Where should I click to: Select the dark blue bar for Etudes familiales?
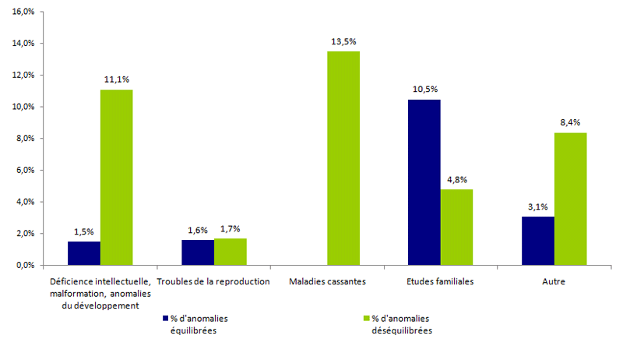424,182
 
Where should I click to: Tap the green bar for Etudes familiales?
456,227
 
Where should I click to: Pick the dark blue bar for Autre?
538,241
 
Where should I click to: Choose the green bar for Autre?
571,199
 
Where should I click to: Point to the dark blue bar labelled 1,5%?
83,253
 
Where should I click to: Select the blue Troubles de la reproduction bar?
197,252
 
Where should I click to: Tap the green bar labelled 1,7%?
231,252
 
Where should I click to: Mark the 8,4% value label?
571,122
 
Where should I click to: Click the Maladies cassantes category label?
326,281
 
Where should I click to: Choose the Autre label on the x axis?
555,281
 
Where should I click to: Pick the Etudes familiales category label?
440,281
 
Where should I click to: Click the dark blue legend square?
165,319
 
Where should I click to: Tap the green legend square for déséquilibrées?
365,319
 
